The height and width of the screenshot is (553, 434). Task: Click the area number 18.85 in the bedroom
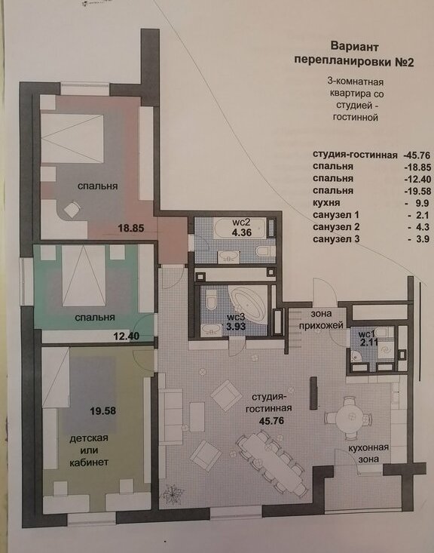pos(131,228)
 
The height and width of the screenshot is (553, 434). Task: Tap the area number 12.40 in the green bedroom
pos(127,336)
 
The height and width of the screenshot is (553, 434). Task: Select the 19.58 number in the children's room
pos(103,411)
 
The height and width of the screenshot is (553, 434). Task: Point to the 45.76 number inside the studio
pos(271,420)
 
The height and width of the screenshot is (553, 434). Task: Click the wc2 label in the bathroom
pos(241,223)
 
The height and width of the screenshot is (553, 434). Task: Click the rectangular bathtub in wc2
pos(240,229)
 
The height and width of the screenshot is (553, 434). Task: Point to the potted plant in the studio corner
pos(173,493)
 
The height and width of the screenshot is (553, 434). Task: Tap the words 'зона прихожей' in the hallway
pos(321,319)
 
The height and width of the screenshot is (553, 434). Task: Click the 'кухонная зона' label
pos(368,453)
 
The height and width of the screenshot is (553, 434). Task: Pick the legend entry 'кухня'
pos(326,203)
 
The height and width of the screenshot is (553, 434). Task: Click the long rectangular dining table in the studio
pos(272,462)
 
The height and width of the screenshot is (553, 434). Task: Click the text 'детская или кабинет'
pos(89,450)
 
